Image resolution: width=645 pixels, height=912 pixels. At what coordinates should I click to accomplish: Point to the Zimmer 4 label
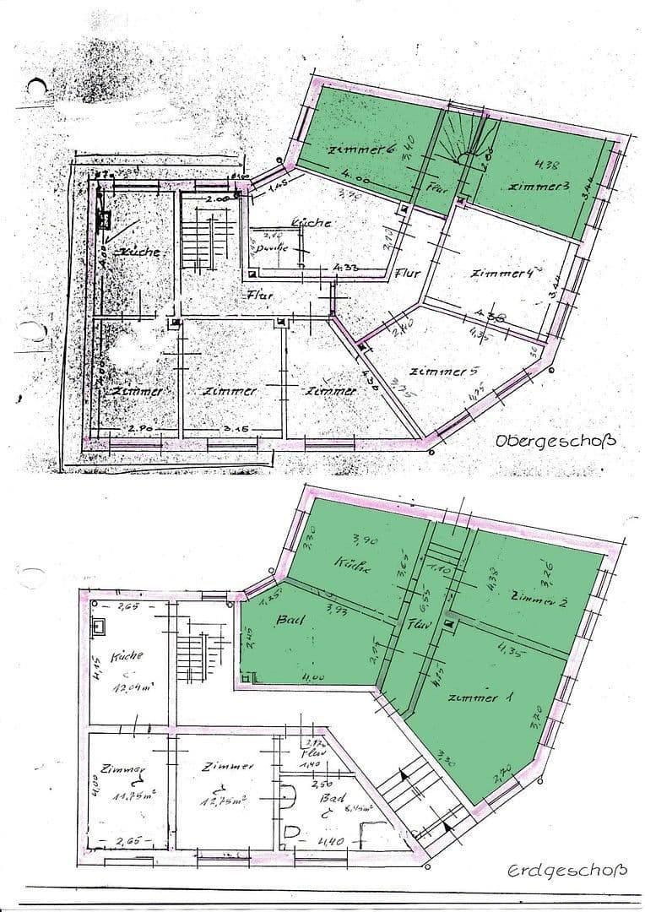[504, 274]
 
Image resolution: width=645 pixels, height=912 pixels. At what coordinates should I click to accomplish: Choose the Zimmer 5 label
[437, 372]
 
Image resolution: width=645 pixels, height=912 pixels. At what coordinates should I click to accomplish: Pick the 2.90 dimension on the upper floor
[139, 430]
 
